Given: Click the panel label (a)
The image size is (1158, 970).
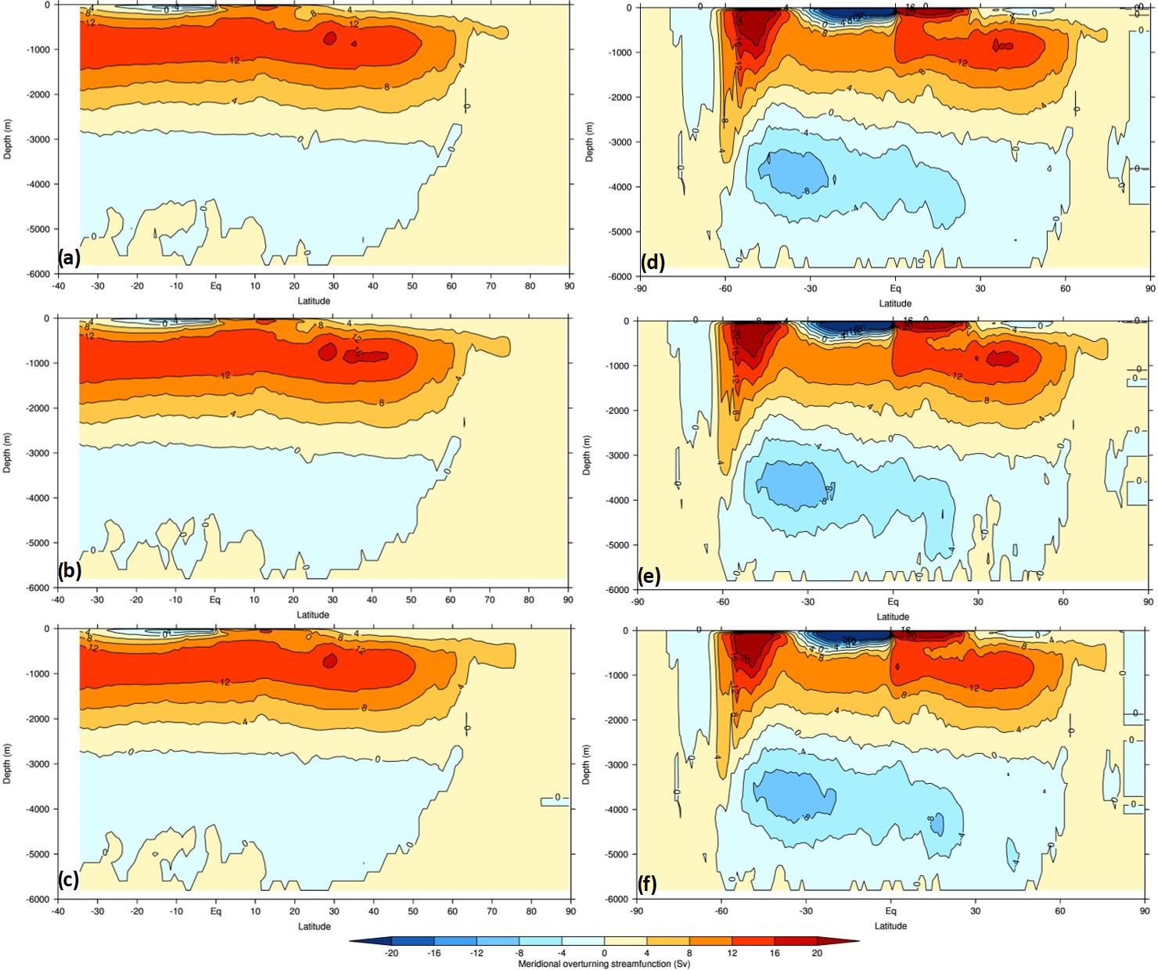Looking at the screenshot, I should pos(69,258).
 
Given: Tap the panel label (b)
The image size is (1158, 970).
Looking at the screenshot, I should pos(69,570).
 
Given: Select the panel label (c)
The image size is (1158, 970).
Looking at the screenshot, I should pos(69,880).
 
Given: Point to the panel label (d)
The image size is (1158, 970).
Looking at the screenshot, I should pos(653,262).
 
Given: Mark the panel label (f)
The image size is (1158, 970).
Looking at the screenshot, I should pos(646,885).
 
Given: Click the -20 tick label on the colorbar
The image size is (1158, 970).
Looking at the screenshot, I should pos(392,953).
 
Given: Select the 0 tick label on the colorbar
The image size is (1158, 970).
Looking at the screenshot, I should pos(604,953).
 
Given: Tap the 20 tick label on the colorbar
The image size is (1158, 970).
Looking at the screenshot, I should pos(816,953).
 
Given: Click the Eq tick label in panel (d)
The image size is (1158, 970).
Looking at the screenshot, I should pos(895,289).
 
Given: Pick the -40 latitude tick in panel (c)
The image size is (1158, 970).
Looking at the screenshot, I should pos(57,911).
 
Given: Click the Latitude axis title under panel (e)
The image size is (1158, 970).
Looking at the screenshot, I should pos(893,616).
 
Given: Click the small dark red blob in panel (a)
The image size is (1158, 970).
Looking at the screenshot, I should pos(329,38).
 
